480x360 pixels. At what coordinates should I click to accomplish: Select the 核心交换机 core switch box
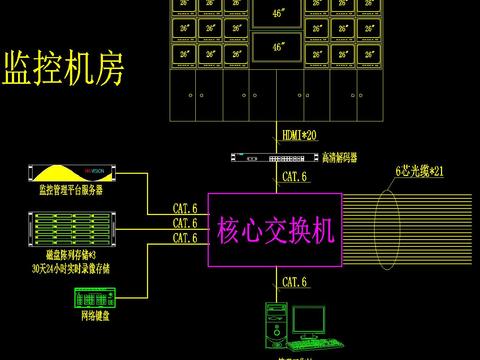point(273,229)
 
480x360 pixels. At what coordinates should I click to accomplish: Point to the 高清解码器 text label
point(340,157)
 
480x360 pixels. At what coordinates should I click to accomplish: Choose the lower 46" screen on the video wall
point(278,45)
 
